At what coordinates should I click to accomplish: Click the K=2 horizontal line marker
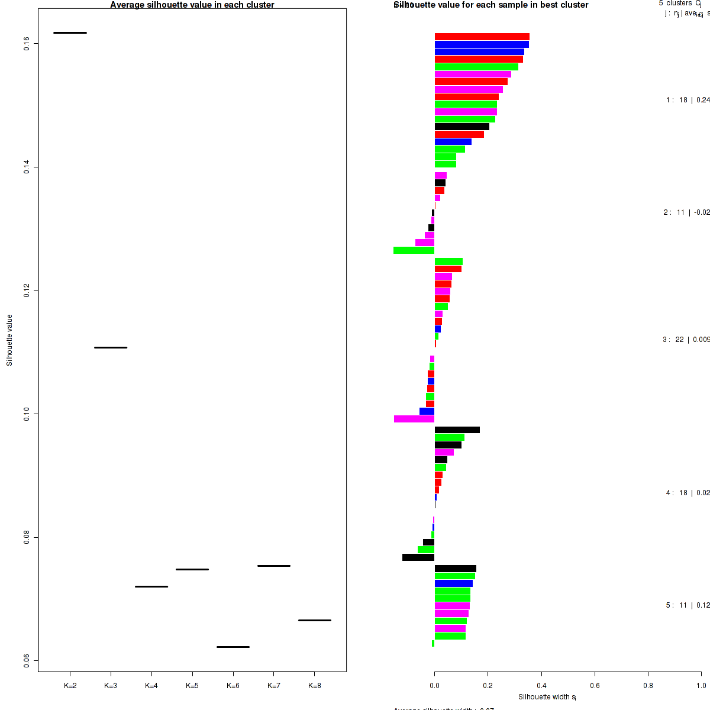[x=70, y=33]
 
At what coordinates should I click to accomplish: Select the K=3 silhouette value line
[x=111, y=347]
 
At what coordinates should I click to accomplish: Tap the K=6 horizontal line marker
[x=233, y=647]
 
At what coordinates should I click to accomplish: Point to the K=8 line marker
[x=314, y=620]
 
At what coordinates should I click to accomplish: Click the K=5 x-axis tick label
[x=192, y=686]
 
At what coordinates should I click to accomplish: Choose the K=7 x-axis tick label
[x=273, y=686]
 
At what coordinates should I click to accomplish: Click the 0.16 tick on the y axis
[x=27, y=44]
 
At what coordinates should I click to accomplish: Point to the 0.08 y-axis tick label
[x=27, y=537]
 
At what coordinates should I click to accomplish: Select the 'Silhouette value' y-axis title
[x=9, y=340]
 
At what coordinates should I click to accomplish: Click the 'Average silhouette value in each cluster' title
[x=192, y=5]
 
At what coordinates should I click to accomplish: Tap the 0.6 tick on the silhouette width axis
[x=595, y=686]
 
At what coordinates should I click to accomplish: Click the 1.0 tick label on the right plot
[x=701, y=686]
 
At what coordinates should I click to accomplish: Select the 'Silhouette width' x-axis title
[x=547, y=697]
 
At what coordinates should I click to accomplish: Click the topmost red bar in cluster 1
[x=482, y=37]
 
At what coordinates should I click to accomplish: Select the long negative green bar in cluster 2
[x=414, y=250]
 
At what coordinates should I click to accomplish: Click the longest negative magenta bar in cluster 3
[x=414, y=419]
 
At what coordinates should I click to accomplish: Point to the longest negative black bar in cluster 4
[x=418, y=557]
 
